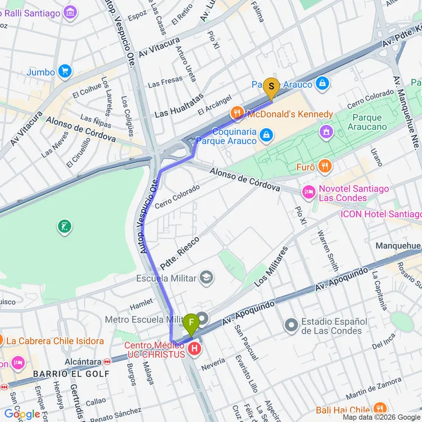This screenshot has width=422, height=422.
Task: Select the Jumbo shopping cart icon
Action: coord(65,71)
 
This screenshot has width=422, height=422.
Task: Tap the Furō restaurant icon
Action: coord(324,167)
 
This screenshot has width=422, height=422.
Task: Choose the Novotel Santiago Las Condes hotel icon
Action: coord(308,193)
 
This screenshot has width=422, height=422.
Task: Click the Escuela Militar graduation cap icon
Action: coord(206,278)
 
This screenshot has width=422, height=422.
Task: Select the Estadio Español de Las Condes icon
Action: coord(291,325)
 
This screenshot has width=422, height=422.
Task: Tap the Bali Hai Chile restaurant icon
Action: coord(380,410)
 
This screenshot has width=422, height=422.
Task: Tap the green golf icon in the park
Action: coord(65,227)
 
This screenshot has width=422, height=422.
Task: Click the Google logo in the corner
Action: coord(23,415)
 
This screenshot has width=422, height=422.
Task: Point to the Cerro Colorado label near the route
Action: coord(177,196)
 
